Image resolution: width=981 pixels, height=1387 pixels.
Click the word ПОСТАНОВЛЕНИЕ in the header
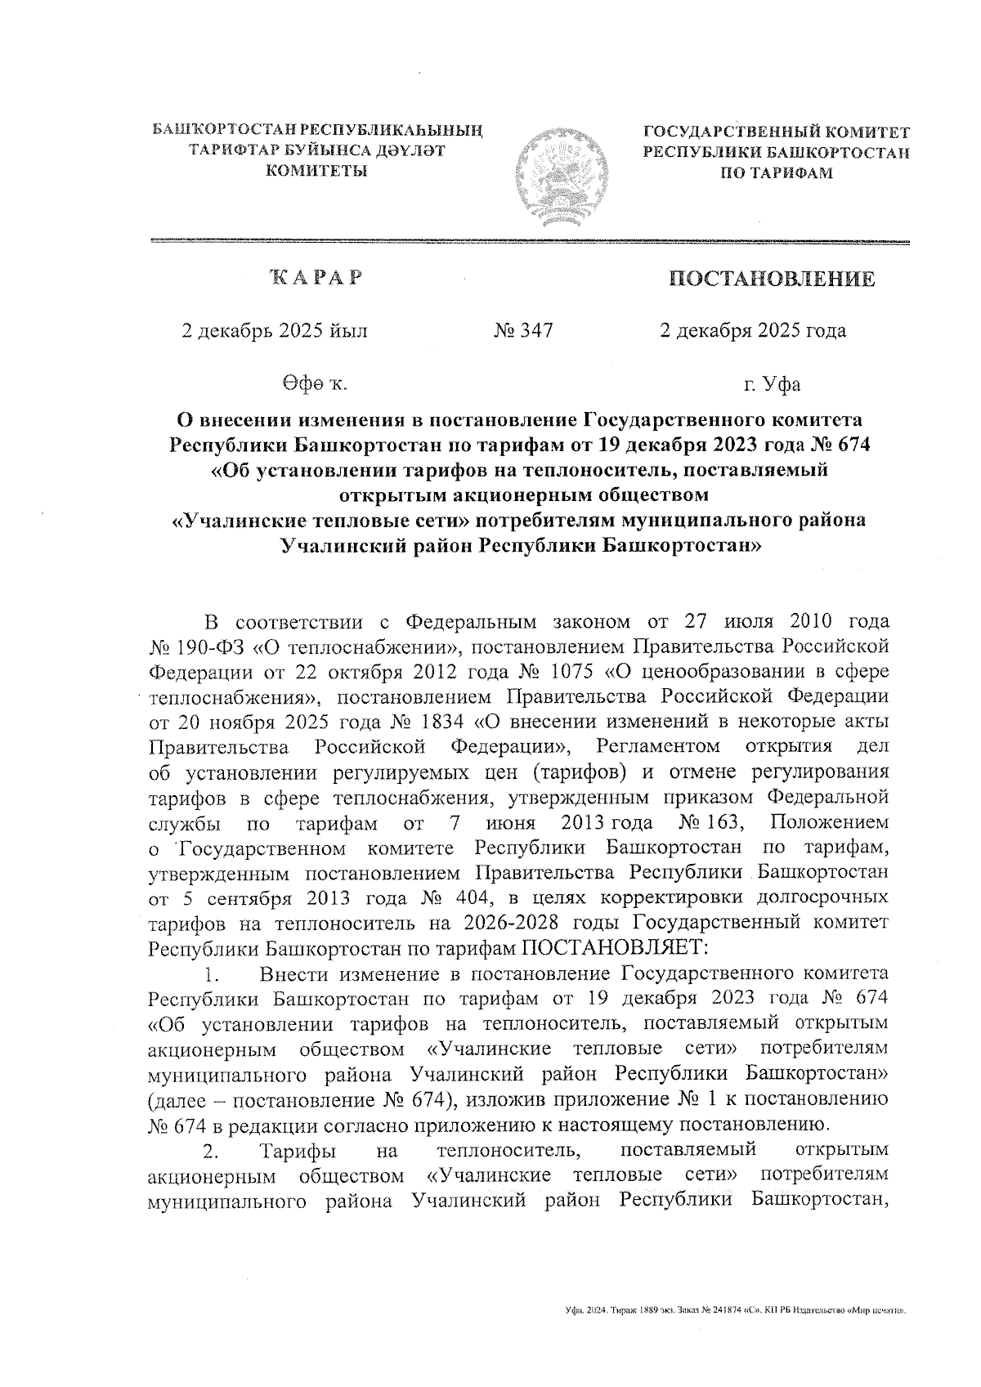click(x=772, y=280)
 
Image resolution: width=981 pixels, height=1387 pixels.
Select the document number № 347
click(x=523, y=330)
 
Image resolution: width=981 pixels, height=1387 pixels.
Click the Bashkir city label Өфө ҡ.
click(x=315, y=383)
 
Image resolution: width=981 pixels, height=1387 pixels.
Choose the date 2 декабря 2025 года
click(x=753, y=330)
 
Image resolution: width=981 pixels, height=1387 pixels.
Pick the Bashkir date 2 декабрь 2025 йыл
click(x=275, y=330)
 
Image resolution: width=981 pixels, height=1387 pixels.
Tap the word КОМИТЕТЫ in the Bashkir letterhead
click(x=317, y=170)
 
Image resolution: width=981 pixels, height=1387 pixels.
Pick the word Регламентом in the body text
click(x=660, y=745)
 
